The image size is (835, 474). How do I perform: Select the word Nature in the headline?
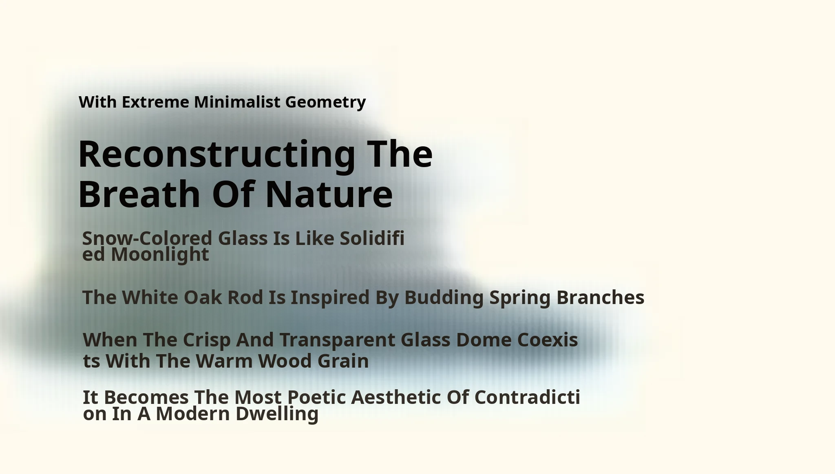329,194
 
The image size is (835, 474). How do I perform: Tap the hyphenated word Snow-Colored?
147,238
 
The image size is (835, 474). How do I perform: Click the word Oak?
203,297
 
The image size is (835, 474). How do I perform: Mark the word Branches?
600,297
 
